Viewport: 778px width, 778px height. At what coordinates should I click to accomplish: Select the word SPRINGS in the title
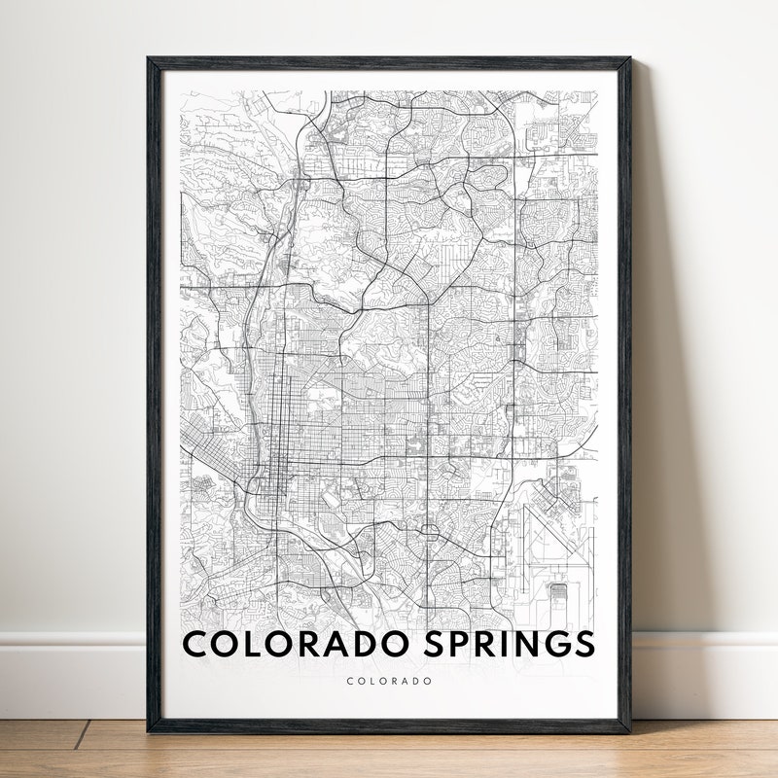click(512, 644)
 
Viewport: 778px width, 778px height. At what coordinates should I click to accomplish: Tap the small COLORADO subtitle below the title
click(389, 682)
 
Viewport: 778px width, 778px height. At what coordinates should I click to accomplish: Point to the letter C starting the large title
click(194, 644)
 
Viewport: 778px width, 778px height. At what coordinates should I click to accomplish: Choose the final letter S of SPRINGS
click(583, 644)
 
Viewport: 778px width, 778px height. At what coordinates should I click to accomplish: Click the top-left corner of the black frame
click(149, 59)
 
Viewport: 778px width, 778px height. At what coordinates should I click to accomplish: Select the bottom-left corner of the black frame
click(149, 730)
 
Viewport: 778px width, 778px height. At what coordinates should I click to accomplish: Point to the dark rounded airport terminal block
click(558, 591)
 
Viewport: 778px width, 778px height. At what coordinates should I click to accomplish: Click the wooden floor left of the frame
click(68, 749)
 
